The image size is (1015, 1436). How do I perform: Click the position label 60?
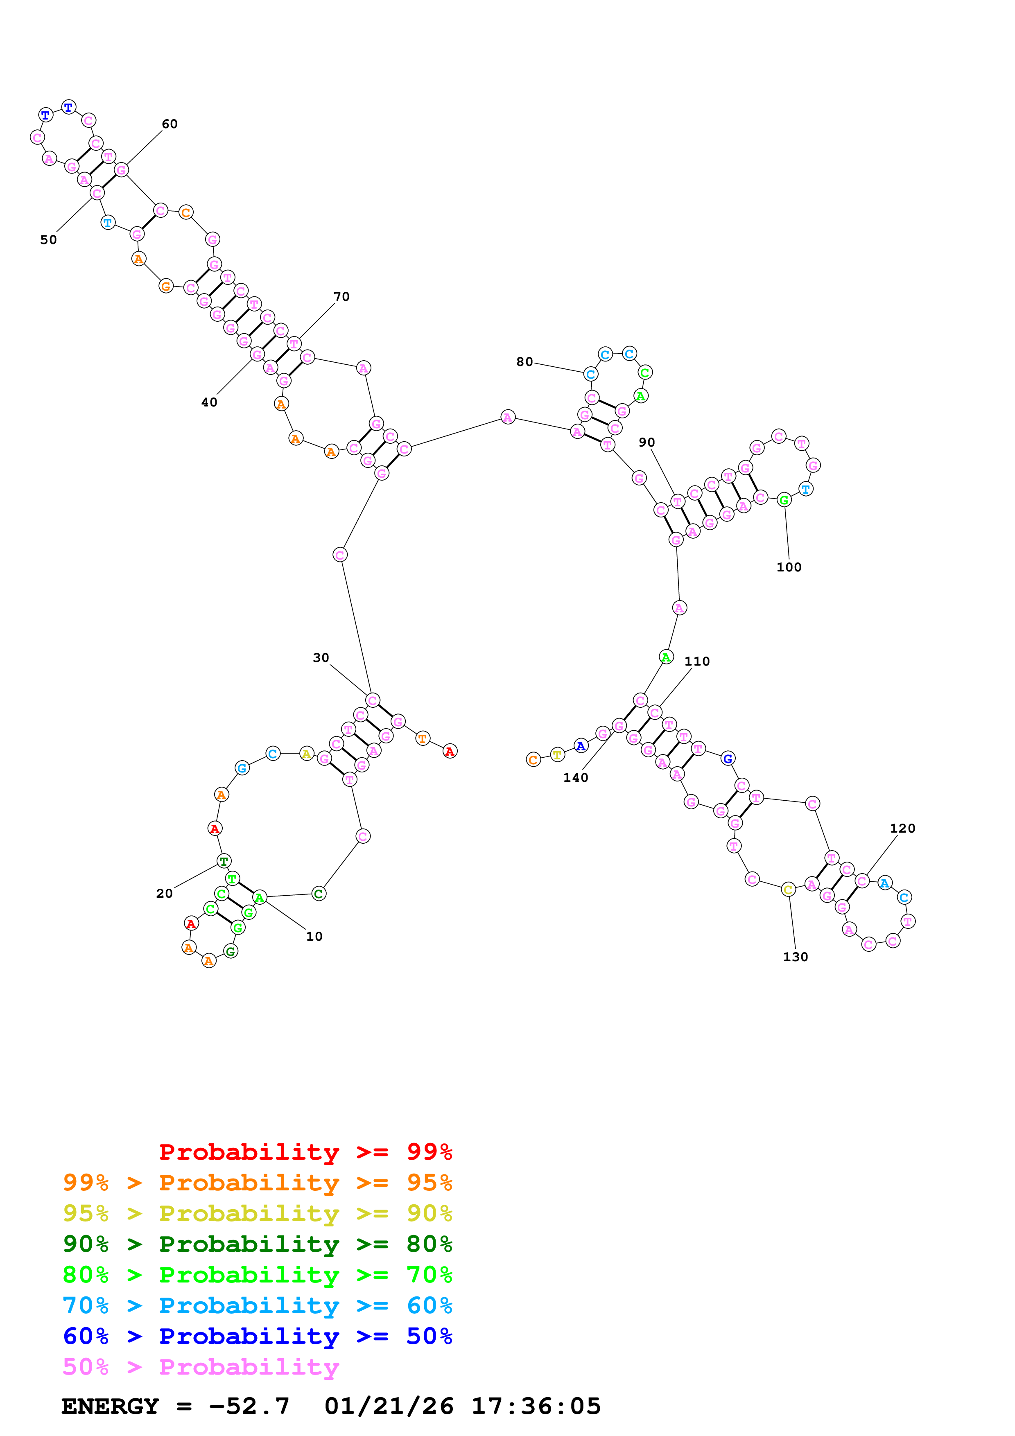(170, 124)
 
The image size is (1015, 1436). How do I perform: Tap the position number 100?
(789, 567)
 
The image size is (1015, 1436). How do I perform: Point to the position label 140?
(575, 777)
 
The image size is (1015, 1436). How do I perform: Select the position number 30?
(321, 657)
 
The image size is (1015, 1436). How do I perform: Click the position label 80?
(525, 361)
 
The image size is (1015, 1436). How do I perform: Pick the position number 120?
(902, 828)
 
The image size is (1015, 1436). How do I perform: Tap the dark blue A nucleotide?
(581, 745)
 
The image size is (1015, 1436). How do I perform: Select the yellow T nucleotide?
(557, 755)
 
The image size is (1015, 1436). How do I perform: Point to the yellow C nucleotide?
(788, 890)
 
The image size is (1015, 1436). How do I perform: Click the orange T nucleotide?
(423, 738)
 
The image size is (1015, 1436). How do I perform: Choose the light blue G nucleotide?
(242, 768)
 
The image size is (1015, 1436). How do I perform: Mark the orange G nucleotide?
(166, 287)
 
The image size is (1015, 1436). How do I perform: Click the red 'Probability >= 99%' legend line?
(305, 1152)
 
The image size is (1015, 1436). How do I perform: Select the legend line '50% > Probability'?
(201, 1367)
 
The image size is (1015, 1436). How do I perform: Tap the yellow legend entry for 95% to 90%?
(258, 1213)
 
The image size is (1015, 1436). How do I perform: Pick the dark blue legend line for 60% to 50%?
(258, 1336)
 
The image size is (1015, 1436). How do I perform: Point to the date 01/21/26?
(389, 1407)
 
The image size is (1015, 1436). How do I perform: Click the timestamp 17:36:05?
(536, 1407)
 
